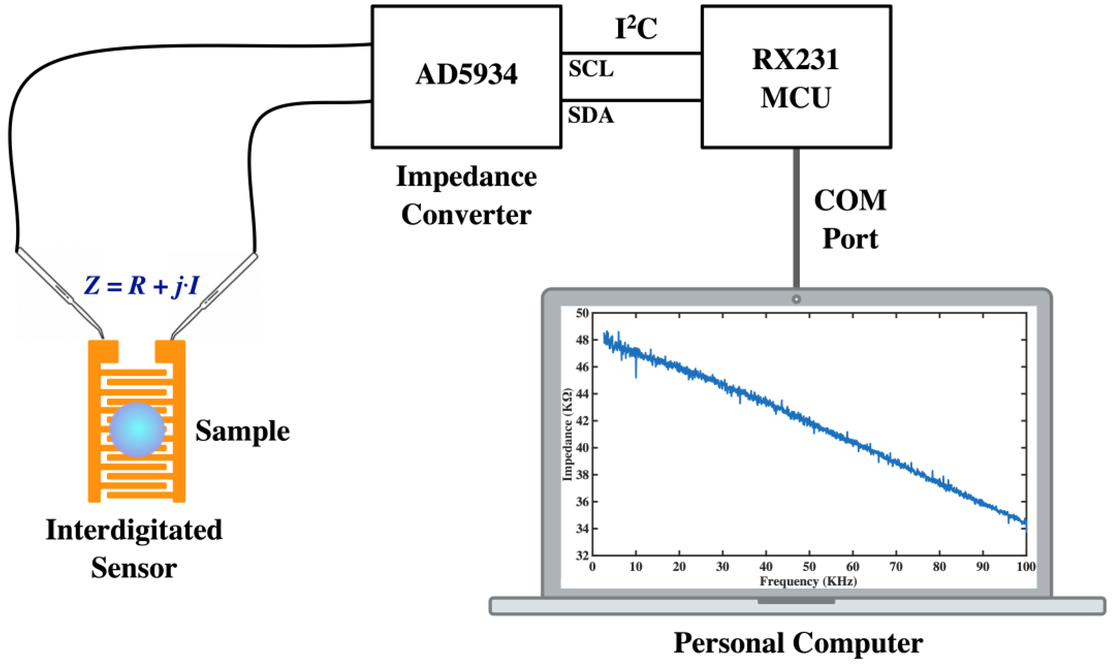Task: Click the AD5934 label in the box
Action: [467, 74]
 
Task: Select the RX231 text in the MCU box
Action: [796, 59]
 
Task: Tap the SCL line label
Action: [591, 69]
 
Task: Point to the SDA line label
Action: [591, 115]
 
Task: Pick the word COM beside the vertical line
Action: [850, 200]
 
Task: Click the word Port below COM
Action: [850, 239]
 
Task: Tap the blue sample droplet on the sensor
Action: [137, 429]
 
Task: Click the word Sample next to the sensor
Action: [242, 431]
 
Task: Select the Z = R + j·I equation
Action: [141, 285]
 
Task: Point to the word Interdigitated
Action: [134, 530]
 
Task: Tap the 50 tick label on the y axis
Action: [582, 313]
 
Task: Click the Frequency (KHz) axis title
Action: [808, 581]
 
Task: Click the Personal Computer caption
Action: [798, 643]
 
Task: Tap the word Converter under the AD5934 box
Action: [467, 215]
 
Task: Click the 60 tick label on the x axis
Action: [853, 567]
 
